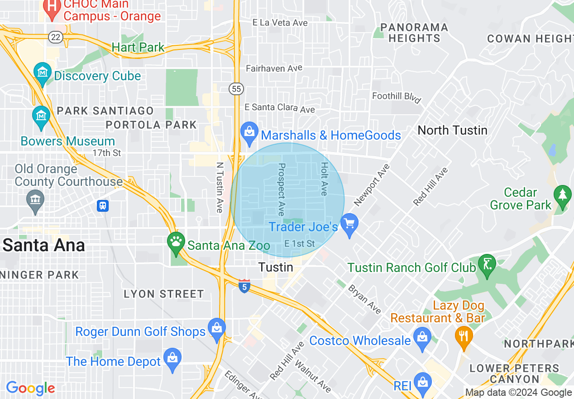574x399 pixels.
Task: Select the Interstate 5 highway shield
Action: [x=244, y=286]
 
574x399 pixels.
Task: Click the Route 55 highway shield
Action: [x=236, y=89]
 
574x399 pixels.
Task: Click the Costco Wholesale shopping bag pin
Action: [x=422, y=338]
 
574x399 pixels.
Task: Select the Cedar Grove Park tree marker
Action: [x=563, y=195]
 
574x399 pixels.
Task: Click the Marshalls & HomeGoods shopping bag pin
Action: [x=249, y=132]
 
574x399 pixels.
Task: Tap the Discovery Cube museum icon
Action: [x=43, y=73]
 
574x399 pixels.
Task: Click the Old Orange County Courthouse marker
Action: [x=35, y=200]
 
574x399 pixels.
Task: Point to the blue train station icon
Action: [x=103, y=206]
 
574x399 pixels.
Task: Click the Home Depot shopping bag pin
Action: [x=172, y=358]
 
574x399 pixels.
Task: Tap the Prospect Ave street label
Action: [x=281, y=190]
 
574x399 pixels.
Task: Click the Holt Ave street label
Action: [x=324, y=179]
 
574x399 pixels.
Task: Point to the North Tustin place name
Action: [x=452, y=130]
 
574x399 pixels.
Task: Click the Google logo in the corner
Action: [x=30, y=388]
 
